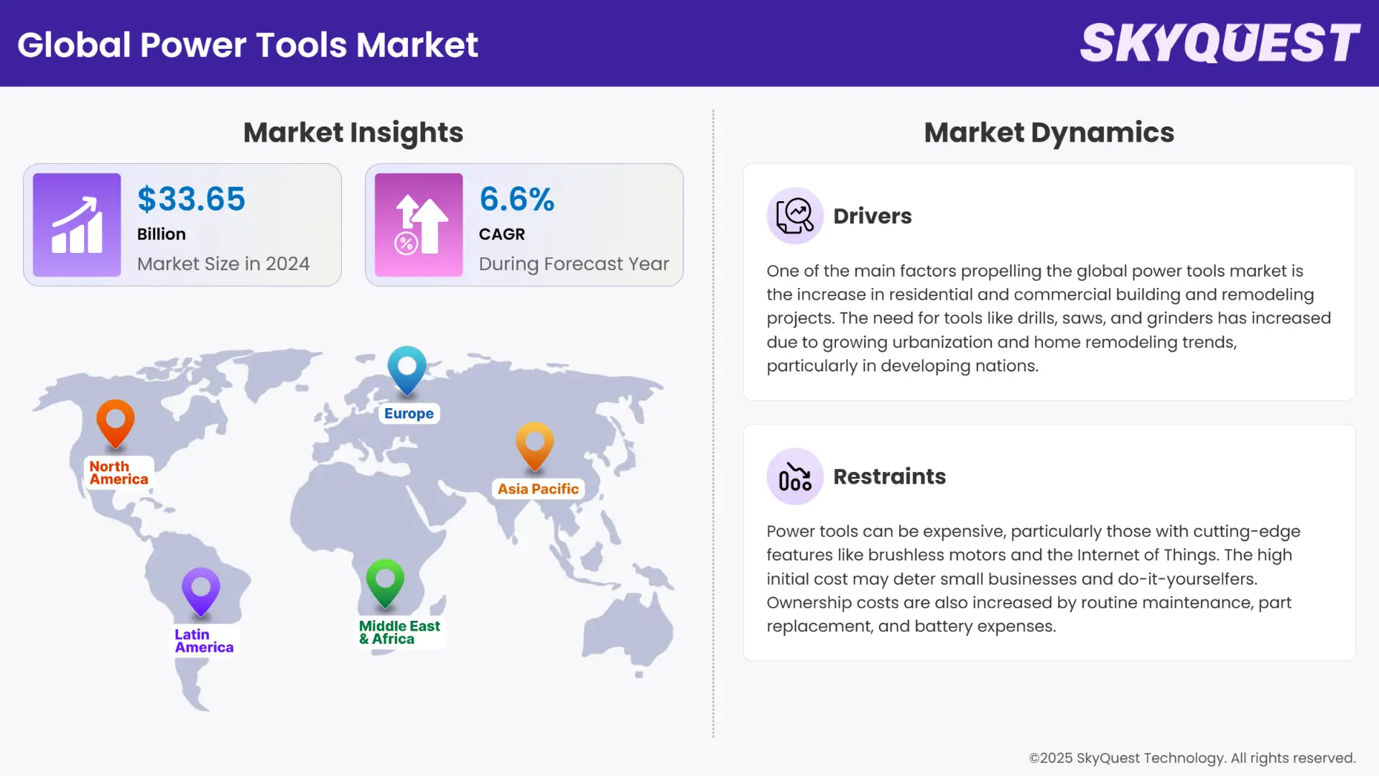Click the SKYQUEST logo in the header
(x=1220, y=43)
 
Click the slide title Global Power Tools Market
(x=248, y=45)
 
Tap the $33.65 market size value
(x=191, y=199)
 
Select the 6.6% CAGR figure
(x=516, y=199)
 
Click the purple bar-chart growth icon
(x=77, y=225)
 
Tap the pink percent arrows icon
(x=419, y=225)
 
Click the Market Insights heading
(x=353, y=132)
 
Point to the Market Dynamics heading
(x=1049, y=132)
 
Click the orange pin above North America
(x=116, y=422)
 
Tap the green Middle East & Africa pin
(x=385, y=582)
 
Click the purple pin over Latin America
(x=201, y=591)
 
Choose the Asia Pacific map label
(x=538, y=489)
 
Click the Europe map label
(x=409, y=413)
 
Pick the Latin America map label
(x=204, y=641)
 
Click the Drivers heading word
(x=872, y=216)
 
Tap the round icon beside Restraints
(x=794, y=476)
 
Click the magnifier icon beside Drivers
(x=794, y=216)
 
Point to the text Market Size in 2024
(x=223, y=264)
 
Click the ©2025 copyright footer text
(x=1192, y=758)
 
